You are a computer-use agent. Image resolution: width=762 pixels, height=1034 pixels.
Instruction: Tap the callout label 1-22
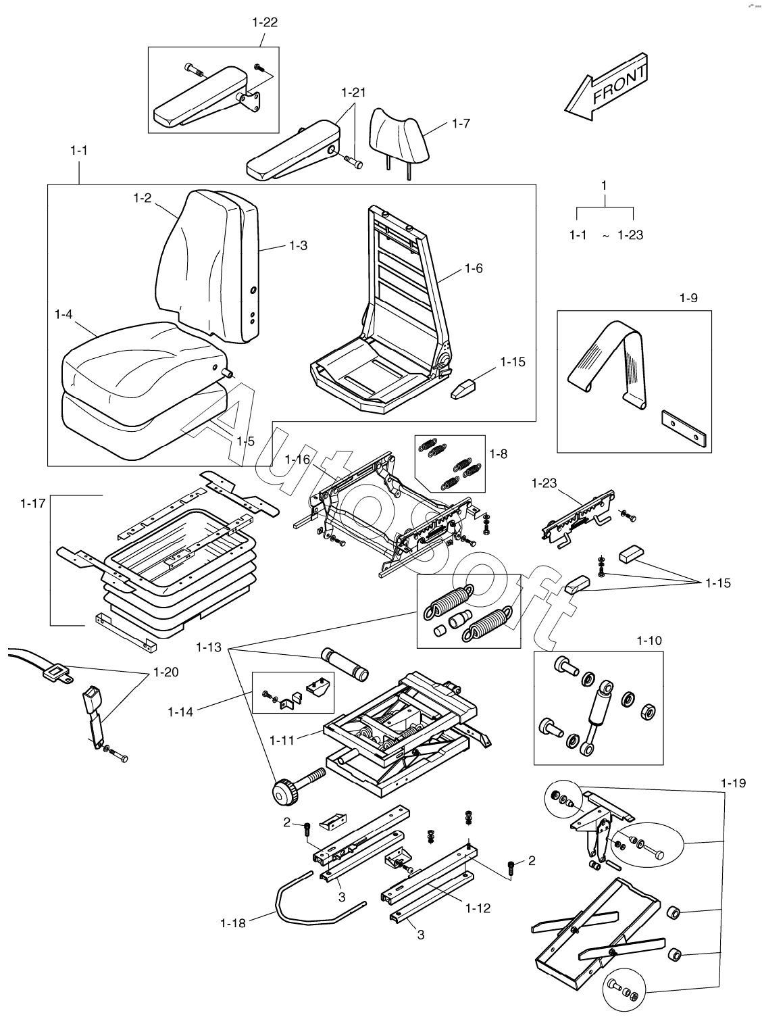(265, 22)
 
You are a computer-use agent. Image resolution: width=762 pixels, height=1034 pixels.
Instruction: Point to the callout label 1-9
(688, 297)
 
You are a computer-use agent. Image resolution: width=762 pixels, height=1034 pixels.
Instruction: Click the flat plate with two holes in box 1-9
(684, 429)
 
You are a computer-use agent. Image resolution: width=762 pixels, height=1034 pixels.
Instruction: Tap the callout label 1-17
(32, 503)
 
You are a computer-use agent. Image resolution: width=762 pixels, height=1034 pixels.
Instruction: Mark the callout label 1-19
(733, 783)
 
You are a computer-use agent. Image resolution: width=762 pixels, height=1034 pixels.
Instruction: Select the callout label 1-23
(544, 483)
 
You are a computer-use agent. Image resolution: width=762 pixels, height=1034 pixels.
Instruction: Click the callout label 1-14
(180, 711)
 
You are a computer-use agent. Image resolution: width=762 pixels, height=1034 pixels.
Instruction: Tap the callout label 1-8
(498, 454)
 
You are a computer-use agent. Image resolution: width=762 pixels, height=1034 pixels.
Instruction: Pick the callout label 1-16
(297, 460)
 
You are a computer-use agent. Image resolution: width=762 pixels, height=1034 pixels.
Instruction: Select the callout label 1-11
(282, 740)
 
